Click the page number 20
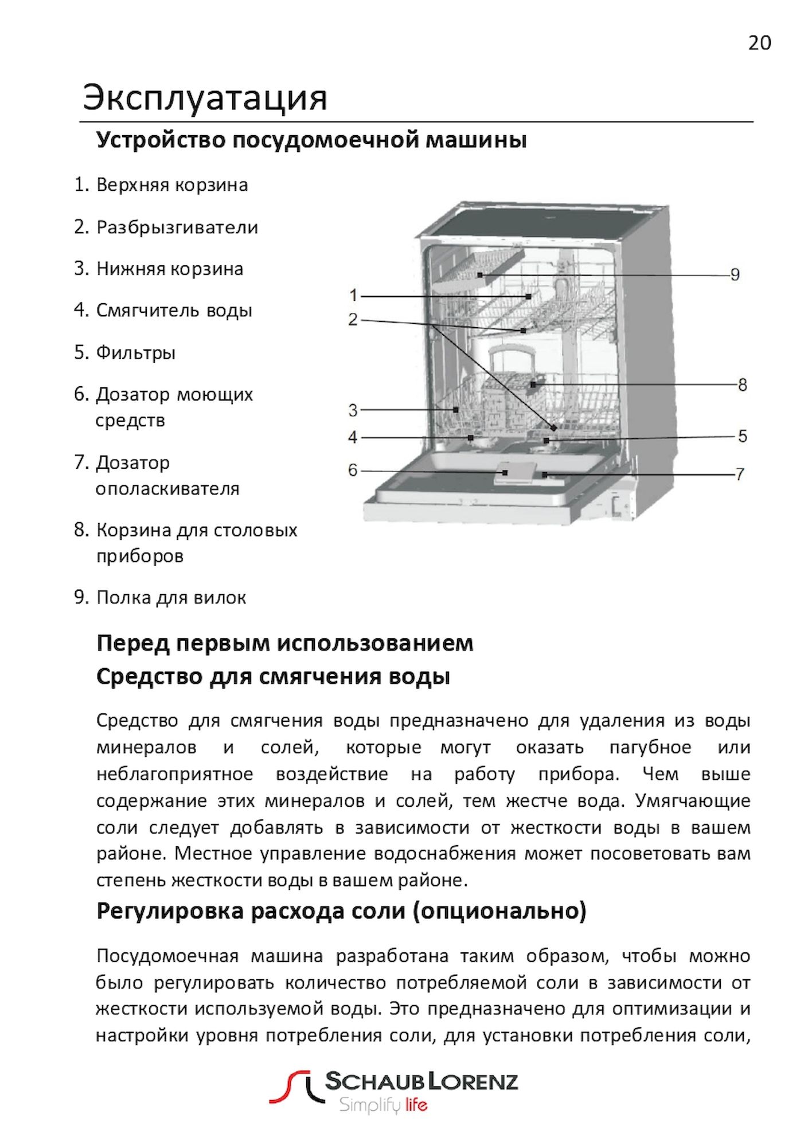tap(759, 43)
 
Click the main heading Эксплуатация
tap(205, 97)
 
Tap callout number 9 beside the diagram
tap(735, 274)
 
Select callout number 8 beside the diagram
tap(742, 384)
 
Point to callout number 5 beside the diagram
tap(742, 436)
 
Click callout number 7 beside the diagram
tap(740, 474)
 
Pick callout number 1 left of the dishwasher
tap(353, 296)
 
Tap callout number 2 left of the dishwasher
tap(353, 319)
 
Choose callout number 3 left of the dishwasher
tap(353, 410)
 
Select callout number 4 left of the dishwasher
tap(353, 437)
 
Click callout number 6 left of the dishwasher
tap(353, 470)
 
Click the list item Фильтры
tap(135, 352)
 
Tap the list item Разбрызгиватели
tap(177, 227)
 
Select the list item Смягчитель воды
tap(174, 311)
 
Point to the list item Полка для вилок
tap(171, 598)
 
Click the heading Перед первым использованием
tap(284, 643)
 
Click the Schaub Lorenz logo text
tap(421, 1081)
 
